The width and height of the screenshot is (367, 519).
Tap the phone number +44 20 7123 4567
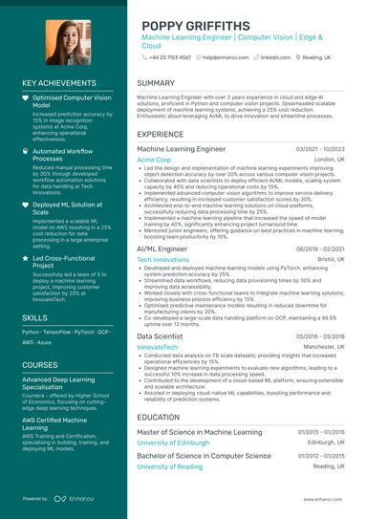[x=169, y=57]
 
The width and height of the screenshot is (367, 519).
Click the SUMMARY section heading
[x=156, y=83]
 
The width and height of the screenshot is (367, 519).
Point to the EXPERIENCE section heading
[x=161, y=135]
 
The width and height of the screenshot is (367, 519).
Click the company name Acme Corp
[x=154, y=160]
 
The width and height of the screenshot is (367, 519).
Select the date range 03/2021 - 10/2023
[x=320, y=150]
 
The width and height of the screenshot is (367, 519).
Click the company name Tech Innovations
[x=163, y=259]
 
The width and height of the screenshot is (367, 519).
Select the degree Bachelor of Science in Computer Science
[x=205, y=456]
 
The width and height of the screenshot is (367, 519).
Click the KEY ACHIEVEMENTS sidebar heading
[x=64, y=84]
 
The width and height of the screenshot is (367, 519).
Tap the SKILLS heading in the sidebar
[x=35, y=316]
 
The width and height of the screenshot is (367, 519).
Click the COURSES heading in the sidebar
[x=40, y=364]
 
